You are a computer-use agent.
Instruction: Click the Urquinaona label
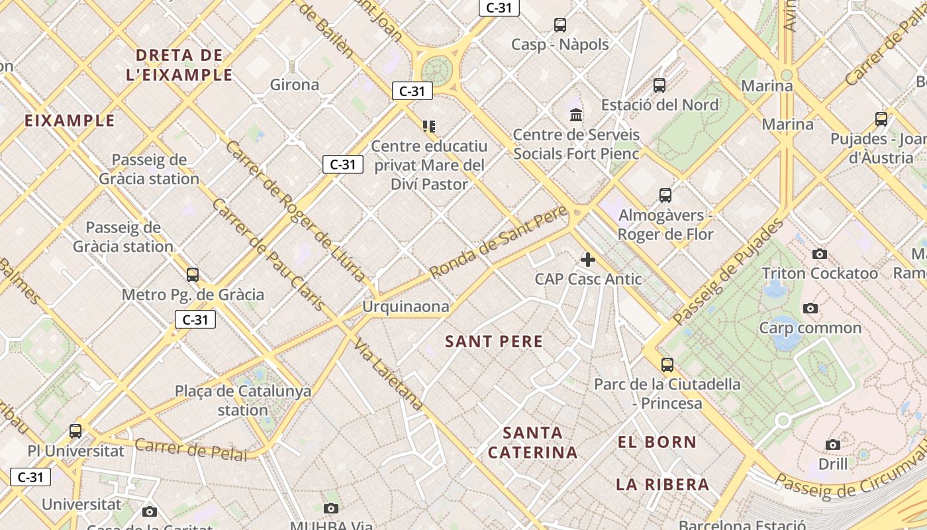pos(405,307)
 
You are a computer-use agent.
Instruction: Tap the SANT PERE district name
pos(494,342)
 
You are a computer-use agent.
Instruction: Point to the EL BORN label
pos(657,442)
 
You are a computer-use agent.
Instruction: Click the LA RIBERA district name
pos(663,484)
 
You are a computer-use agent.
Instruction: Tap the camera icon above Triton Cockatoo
pos(820,254)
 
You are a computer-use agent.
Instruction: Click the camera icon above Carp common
pos(810,309)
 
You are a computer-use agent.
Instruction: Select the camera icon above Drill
pos(833,445)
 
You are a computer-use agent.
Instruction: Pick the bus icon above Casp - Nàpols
pos(560,25)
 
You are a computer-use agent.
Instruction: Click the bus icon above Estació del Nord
pos(659,85)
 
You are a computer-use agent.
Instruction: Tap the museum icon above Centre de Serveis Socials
pos(576,115)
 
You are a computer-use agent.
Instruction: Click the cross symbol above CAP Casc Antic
pos(588,260)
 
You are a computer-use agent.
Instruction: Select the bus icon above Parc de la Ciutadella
pos(667,365)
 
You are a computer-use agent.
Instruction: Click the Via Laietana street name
pos(389,374)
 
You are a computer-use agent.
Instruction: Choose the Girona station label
pos(295,85)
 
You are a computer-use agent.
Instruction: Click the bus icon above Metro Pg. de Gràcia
pos(193,275)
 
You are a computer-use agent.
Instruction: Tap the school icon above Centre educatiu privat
pos(429,126)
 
